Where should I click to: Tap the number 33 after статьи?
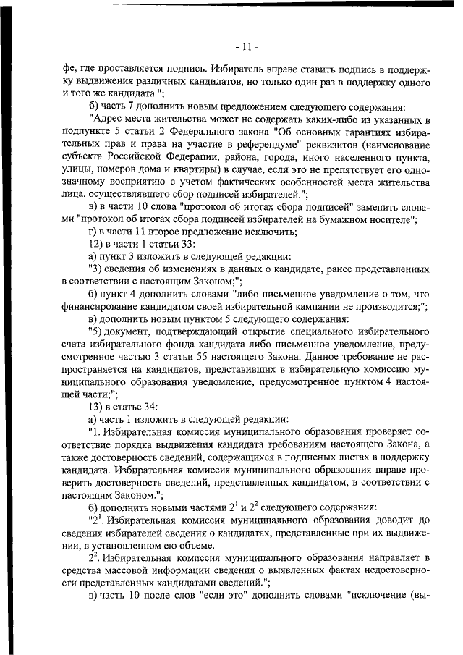[178, 245]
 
